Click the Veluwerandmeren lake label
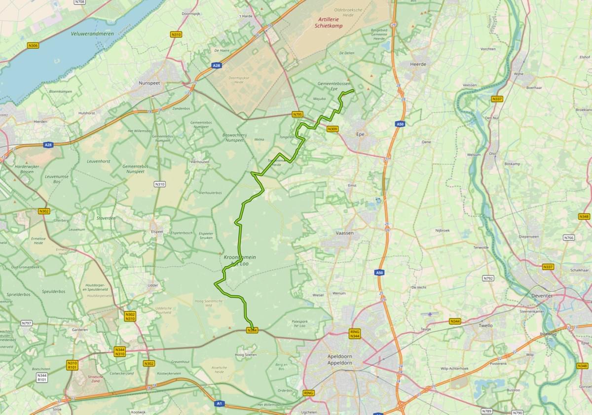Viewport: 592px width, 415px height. point(85,34)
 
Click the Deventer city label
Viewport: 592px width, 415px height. point(542,295)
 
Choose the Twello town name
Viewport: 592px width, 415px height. point(486,325)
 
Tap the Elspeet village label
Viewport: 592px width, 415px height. point(157,231)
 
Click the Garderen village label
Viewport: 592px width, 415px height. point(80,330)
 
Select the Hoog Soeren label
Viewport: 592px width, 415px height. point(247,354)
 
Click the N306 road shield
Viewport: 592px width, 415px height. point(33,46)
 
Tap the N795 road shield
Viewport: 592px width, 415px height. point(297,114)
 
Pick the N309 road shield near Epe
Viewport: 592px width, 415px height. point(333,129)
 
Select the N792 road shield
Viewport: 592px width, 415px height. point(488,278)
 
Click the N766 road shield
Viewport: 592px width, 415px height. point(569,238)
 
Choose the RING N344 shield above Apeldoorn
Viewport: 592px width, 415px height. point(355,334)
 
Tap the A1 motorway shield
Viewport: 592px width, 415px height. point(219,404)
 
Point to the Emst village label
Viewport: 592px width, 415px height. point(352,185)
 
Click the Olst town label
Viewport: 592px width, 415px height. point(492,153)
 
